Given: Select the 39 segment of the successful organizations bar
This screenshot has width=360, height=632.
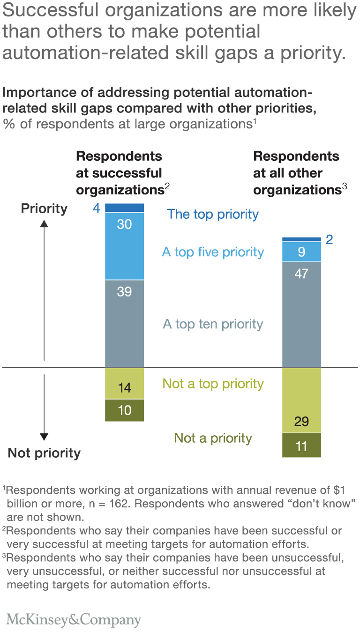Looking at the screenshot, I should point(124,323).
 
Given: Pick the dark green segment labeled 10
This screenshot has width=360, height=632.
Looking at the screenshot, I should point(124,410).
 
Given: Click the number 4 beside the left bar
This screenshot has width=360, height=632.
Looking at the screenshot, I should point(96,208).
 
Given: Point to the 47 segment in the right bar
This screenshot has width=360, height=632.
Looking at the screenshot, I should point(301,314).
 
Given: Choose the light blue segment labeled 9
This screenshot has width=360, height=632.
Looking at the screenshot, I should point(301,252).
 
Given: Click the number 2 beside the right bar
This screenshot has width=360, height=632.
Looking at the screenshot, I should point(330,240).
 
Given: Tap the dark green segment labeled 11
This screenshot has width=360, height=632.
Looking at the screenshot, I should point(301,446).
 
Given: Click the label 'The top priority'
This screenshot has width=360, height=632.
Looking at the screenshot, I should point(213,214).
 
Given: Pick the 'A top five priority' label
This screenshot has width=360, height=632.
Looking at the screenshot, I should point(213,252).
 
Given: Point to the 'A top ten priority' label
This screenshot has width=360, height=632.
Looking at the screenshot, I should point(213,324).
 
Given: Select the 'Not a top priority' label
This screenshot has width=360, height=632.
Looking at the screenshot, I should point(213,384).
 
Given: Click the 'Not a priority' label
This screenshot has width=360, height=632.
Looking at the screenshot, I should point(213,438).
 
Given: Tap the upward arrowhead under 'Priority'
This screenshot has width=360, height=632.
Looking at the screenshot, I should point(44,224).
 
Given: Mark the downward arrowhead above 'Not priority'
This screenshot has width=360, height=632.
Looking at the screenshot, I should point(44,437).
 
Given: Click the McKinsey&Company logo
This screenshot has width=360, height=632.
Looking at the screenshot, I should point(73,620).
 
